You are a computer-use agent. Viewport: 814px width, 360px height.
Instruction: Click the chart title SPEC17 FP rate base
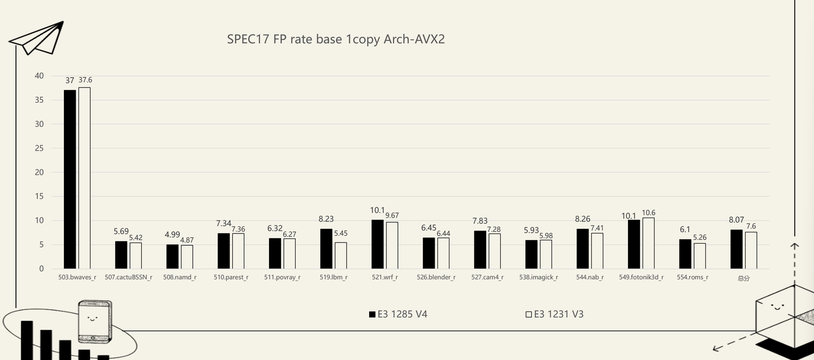coord(336,39)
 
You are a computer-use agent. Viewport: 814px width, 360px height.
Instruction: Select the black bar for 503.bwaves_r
coord(70,179)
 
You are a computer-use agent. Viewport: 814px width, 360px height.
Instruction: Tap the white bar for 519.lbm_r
coord(341,255)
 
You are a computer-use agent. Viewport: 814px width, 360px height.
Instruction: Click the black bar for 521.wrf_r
coord(378,244)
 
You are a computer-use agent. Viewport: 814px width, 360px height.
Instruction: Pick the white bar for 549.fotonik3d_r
coord(648,243)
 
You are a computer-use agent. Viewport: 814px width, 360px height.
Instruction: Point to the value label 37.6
coord(85,80)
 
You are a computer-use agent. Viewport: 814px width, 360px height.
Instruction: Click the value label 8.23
coord(326,219)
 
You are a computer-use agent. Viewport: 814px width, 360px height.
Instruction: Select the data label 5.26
coord(699,237)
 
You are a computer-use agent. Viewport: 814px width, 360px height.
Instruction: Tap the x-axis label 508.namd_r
coord(180,277)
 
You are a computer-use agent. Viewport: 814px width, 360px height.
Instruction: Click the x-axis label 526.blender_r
coord(436,277)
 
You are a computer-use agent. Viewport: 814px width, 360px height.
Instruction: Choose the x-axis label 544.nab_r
coord(590,277)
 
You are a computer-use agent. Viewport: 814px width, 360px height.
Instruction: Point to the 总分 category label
coord(743,278)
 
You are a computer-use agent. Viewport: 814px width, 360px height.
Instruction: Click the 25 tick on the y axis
coord(39,148)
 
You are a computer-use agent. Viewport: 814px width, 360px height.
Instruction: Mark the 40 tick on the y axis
coord(39,76)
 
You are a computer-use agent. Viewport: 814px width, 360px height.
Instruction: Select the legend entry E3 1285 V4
coord(398,314)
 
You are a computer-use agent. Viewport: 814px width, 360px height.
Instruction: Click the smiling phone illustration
coord(94,320)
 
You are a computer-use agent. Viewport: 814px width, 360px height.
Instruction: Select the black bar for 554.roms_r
coord(685,254)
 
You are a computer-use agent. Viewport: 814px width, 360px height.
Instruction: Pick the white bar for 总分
coord(751,250)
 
